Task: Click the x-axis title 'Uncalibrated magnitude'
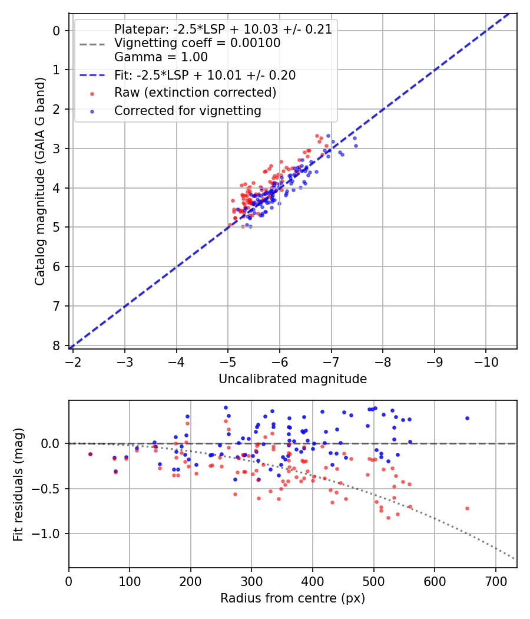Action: click(293, 379)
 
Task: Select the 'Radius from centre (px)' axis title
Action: click(293, 598)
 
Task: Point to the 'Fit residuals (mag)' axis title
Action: click(19, 484)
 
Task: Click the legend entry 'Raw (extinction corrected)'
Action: click(195, 93)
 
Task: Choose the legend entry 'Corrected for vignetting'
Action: click(187, 110)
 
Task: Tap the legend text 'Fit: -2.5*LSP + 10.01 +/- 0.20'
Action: click(205, 75)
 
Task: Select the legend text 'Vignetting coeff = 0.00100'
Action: click(197, 43)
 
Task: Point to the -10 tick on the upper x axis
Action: click(486, 360)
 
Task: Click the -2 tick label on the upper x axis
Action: click(74, 360)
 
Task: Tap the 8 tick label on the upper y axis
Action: click(57, 345)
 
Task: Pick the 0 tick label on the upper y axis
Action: click(57, 31)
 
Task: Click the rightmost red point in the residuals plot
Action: click(467, 508)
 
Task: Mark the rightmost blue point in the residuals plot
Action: click(467, 418)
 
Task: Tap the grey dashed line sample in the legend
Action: click(92, 44)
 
